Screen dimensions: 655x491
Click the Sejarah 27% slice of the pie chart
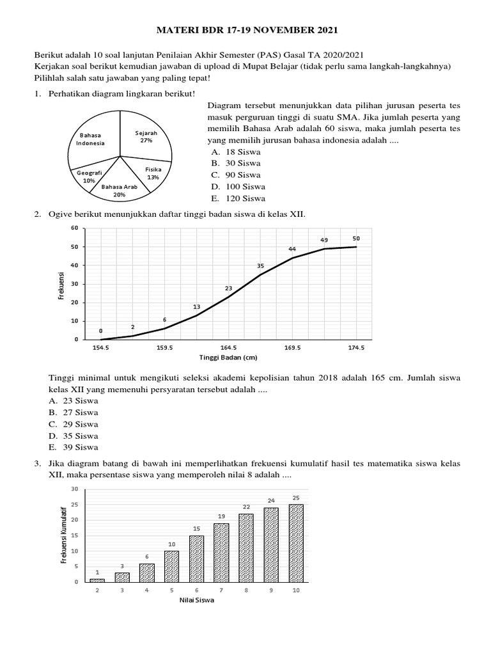(x=146, y=138)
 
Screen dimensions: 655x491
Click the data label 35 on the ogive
(x=260, y=265)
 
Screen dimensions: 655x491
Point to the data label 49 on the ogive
(x=324, y=240)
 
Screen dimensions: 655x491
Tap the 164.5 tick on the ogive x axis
(x=228, y=349)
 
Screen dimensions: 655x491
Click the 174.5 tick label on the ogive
(x=356, y=349)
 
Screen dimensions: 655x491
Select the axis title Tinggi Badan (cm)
(x=228, y=358)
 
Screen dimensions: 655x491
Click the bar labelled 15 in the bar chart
(x=197, y=558)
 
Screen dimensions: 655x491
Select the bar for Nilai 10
(x=295, y=542)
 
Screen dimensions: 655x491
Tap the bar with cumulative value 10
(x=172, y=566)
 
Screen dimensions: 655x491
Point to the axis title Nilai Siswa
(x=196, y=601)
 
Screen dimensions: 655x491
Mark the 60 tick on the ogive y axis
(x=74, y=228)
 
